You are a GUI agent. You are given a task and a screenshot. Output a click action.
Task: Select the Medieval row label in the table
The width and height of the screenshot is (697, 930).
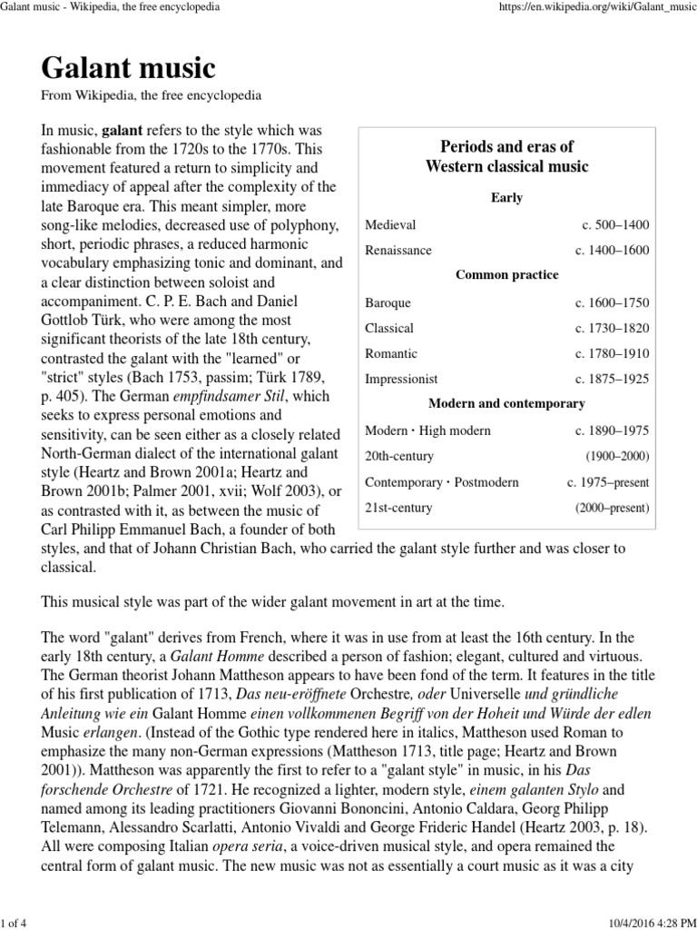(390, 224)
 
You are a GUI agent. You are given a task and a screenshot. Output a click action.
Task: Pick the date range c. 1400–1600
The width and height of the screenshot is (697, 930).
(612, 250)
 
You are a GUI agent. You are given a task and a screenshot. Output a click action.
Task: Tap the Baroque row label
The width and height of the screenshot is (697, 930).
(388, 302)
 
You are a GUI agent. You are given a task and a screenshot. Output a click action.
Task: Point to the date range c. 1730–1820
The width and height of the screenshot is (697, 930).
(612, 328)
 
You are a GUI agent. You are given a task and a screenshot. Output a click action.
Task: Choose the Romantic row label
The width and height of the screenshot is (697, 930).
(391, 353)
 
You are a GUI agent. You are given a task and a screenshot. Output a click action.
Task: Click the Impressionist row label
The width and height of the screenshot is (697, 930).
(401, 379)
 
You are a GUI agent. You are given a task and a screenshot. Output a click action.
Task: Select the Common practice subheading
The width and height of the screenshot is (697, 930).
(506, 275)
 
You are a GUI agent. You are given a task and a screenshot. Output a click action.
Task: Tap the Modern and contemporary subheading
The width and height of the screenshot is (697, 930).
(506, 403)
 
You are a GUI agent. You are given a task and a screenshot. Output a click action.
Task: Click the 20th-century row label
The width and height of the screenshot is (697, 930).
(399, 456)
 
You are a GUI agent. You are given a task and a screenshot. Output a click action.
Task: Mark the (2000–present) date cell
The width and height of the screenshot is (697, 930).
(613, 508)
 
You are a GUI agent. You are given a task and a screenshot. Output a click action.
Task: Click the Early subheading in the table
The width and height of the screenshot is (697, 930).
(506, 197)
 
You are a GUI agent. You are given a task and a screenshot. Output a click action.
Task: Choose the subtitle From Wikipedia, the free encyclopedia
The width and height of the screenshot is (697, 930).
(152, 94)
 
